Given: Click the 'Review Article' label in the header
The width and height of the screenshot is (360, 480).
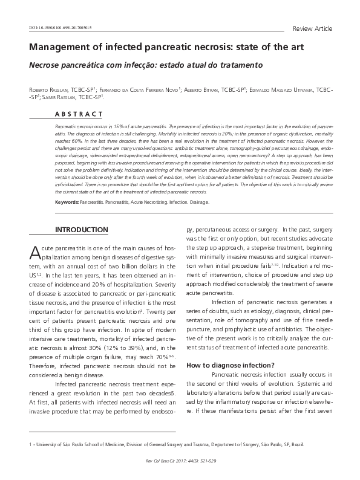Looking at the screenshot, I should coord(312,28).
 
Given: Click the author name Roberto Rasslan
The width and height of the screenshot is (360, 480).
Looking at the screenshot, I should coord(48,89).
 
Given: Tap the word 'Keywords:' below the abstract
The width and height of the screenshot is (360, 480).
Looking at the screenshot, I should coord(67,202).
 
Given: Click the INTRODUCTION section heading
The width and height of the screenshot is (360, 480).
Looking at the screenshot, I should coord(82,230).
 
